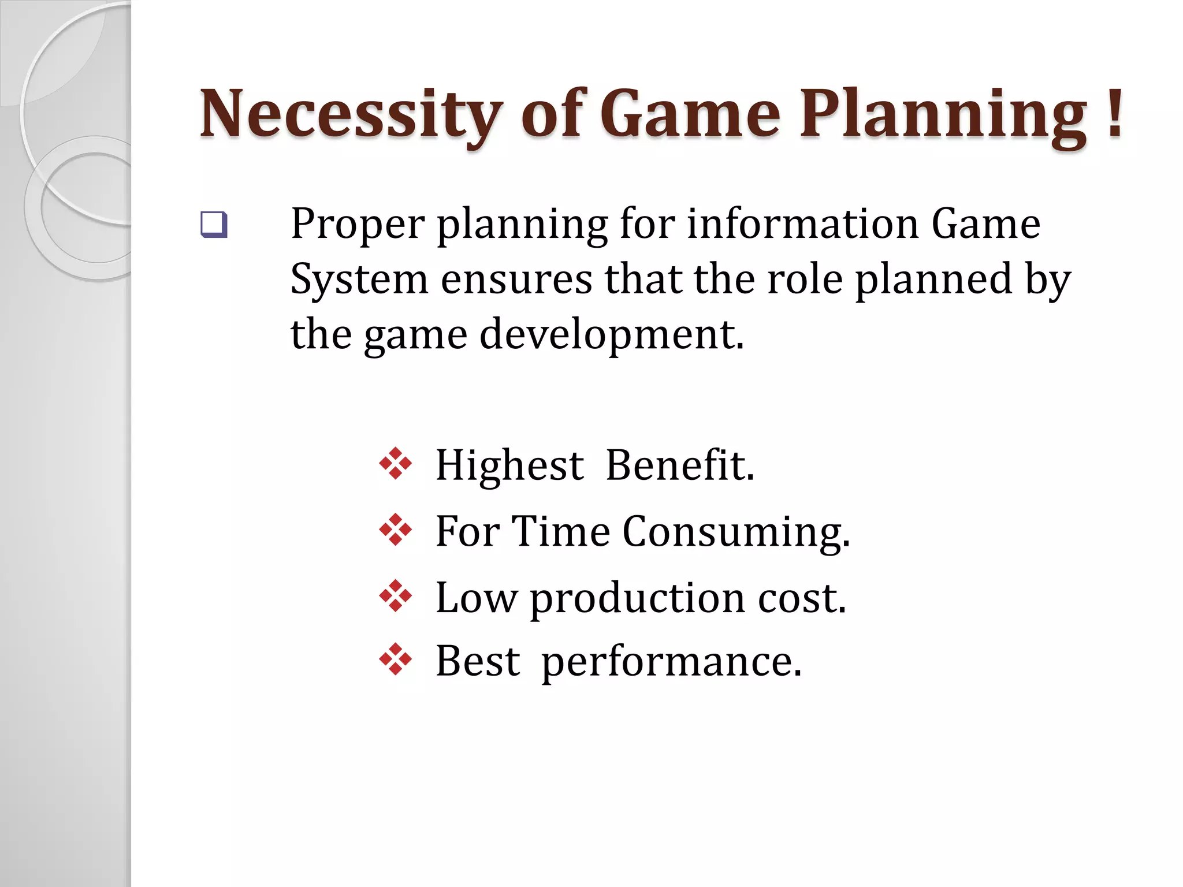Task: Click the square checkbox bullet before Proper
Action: [x=214, y=225]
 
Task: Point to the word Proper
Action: [x=358, y=225]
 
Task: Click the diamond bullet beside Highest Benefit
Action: [x=396, y=464]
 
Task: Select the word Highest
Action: [x=509, y=465]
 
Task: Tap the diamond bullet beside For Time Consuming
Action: [x=396, y=530]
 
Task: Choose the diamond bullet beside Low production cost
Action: [x=396, y=595]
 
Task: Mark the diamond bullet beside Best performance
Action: [x=396, y=659]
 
